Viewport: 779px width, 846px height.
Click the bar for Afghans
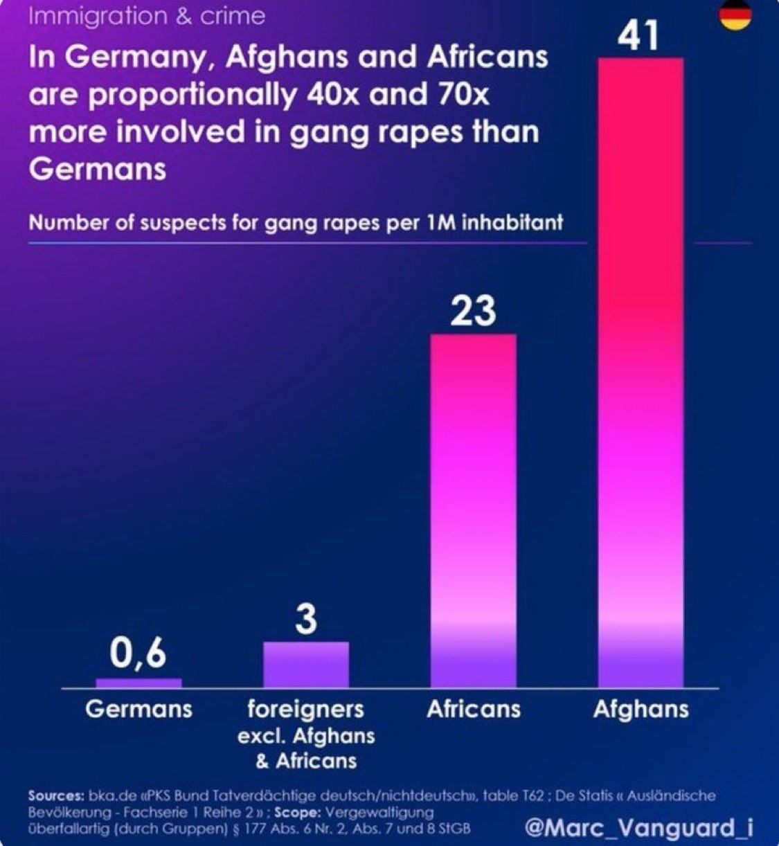click(641, 374)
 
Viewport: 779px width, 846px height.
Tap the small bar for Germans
click(138, 683)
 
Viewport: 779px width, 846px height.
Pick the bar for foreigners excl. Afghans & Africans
click(306, 665)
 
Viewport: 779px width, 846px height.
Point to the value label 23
click(474, 312)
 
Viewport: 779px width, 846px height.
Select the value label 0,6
click(138, 653)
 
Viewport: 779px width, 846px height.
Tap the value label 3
click(305, 619)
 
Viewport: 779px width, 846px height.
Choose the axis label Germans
click(138, 709)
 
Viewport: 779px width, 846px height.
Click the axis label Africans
click(474, 709)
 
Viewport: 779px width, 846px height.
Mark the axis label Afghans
click(641, 709)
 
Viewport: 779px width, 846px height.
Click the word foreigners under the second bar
click(305, 709)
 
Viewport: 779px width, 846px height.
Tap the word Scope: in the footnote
click(296, 812)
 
